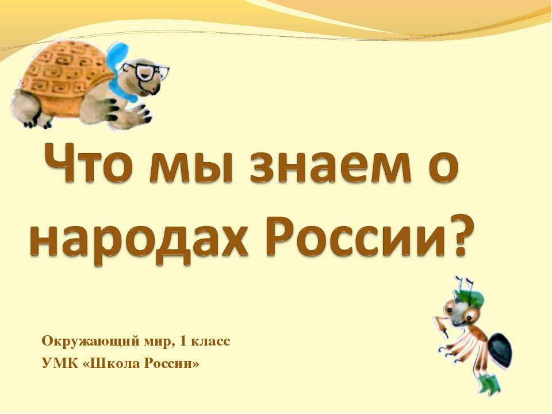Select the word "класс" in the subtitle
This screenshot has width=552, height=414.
tap(212, 341)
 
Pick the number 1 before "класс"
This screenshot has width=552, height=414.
tap(183, 341)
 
